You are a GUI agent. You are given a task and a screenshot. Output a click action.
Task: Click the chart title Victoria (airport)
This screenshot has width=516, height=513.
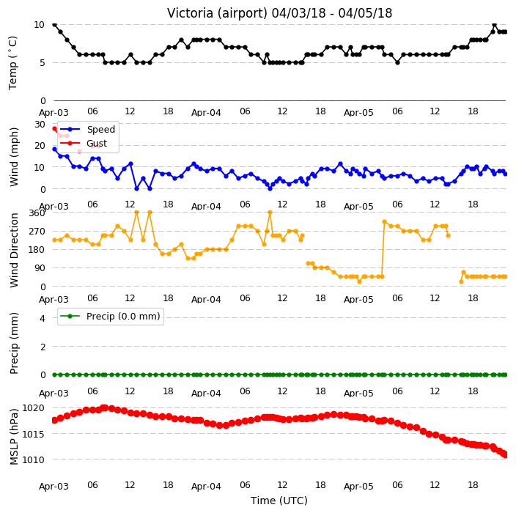point(217,13)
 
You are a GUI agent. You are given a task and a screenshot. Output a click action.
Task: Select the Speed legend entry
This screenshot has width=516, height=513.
point(87,129)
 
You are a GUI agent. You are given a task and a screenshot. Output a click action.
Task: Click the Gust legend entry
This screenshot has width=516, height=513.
point(84,143)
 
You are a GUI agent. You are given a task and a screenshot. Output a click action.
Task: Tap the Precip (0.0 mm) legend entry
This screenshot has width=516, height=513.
point(110,316)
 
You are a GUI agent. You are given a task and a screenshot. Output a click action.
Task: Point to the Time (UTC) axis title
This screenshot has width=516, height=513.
point(279,501)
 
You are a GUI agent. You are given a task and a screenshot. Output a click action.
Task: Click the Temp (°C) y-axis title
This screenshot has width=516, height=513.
point(12,63)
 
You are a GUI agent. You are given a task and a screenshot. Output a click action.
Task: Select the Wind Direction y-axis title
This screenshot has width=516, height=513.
point(14,250)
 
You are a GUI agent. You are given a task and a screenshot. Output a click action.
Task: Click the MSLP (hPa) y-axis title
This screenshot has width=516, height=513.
point(14,436)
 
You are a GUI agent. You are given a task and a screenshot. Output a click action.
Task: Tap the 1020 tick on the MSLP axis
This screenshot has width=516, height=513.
point(33,408)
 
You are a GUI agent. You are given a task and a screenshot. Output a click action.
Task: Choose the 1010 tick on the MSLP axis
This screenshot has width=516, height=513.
point(33,460)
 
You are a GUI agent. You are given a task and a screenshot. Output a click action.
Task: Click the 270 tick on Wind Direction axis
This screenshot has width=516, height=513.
point(37,232)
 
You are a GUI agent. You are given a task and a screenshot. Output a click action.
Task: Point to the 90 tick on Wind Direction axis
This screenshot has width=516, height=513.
point(40,268)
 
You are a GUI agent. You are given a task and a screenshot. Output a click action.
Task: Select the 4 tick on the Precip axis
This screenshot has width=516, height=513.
point(43,318)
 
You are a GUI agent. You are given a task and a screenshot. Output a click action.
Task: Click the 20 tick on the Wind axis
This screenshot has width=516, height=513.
point(40,145)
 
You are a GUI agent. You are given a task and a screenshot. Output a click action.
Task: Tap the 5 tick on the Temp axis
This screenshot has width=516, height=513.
point(43,62)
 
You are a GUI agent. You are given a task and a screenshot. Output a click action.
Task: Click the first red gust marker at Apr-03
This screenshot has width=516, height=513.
point(55,129)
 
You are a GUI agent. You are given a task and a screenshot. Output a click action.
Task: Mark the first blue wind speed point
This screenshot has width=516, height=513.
point(55,149)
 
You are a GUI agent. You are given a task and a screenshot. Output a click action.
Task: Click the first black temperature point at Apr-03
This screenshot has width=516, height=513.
point(55,25)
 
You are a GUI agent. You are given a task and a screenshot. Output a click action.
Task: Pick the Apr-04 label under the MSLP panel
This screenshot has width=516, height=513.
point(206,487)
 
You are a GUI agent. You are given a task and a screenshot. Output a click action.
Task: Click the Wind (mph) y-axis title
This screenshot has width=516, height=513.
point(14,157)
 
